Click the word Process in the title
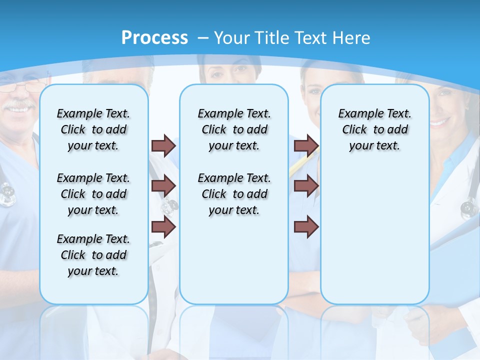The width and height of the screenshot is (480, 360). coord(154,37)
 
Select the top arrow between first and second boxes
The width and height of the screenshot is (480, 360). coord(163,145)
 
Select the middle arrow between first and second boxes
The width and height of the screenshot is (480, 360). coord(163,186)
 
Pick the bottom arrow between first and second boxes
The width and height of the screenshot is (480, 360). coord(163,227)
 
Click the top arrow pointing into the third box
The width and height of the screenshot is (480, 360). coord(306,145)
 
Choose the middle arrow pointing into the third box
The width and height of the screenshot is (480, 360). coord(306,186)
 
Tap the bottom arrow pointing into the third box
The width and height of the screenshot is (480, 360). coord(306,227)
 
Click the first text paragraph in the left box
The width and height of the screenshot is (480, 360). coord(93,129)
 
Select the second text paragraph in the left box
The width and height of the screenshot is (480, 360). coord(93,194)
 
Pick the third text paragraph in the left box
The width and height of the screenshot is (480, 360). coord(93,255)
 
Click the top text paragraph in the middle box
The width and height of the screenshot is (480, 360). coord(234,129)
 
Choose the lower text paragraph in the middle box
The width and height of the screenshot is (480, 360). coord(234,194)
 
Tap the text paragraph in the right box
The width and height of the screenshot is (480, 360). coord(374,129)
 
